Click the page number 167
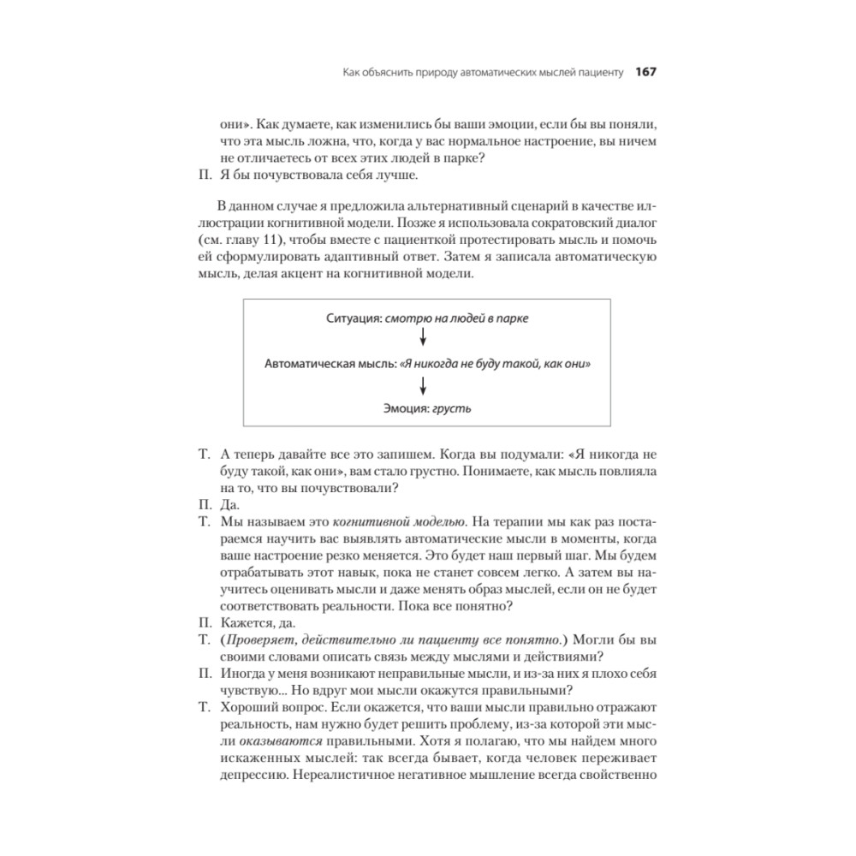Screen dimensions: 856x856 645,72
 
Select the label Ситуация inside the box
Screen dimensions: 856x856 353,318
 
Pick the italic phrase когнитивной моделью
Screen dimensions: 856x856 413,521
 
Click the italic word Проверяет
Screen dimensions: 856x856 259,639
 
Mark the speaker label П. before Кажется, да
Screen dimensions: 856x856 204,624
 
